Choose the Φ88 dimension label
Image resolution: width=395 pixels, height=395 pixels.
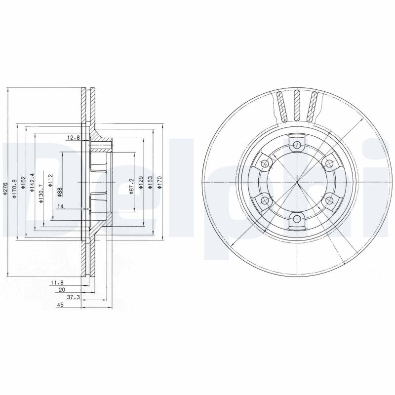click(59, 192)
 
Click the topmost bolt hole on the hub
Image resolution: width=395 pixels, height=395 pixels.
click(296, 145)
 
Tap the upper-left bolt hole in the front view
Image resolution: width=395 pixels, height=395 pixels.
click(265, 163)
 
